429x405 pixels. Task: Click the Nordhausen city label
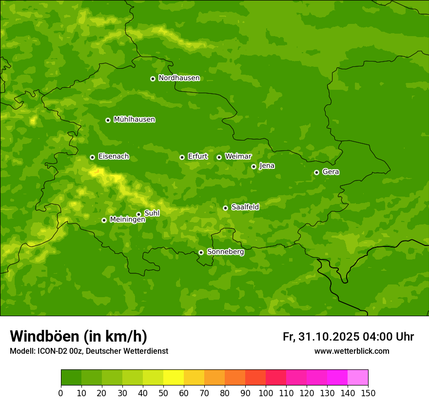(179, 78)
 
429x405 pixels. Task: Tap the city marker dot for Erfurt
(182, 157)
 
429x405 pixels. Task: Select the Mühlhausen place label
(134, 120)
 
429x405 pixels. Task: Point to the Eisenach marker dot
(92, 157)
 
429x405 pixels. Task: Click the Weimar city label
(238, 157)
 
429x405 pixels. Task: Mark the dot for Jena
(253, 166)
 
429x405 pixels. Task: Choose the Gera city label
(331, 172)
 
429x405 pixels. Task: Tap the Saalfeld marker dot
(225, 208)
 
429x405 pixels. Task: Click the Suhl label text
(152, 213)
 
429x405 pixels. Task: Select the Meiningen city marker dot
(104, 220)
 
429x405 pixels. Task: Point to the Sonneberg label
(225, 252)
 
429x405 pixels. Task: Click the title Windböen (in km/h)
(78, 336)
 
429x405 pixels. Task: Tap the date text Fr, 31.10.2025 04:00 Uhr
(348, 337)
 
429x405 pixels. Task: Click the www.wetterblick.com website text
(351, 351)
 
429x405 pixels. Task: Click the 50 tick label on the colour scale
(163, 393)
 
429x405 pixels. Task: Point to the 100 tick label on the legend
(266, 393)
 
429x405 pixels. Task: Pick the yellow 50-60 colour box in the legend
(174, 378)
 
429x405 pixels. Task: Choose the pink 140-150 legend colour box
(358, 378)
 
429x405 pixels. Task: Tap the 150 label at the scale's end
(368, 393)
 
